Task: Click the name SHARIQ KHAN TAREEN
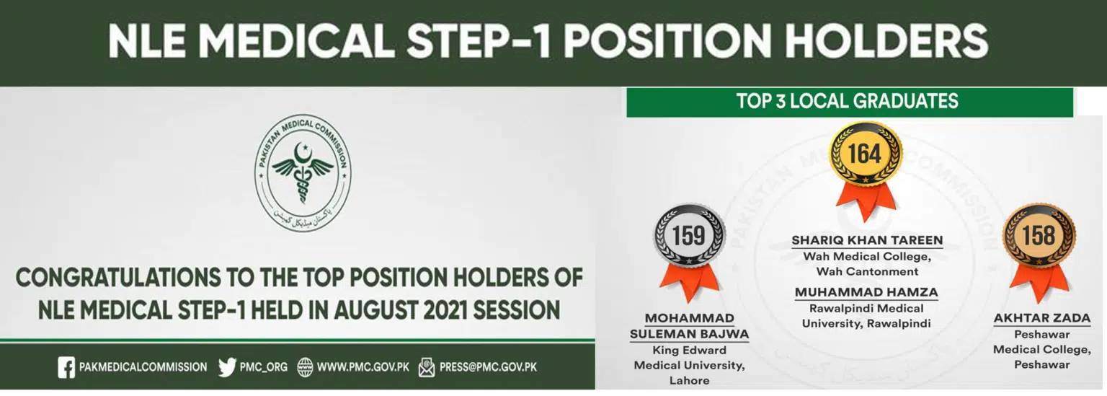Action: [867, 240]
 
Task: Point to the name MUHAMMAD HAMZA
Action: [866, 292]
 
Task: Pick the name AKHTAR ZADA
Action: [1041, 318]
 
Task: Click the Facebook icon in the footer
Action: [66, 367]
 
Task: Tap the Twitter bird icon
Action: [227, 367]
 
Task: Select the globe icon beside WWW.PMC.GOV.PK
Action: [305, 367]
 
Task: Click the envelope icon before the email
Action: [427, 367]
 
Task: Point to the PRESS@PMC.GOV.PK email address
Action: [488, 367]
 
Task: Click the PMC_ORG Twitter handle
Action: [263, 367]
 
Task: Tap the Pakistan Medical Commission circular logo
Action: [303, 172]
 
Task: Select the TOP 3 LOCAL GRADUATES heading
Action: [847, 102]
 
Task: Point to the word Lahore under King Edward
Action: [690, 381]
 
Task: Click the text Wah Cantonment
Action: [867, 271]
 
